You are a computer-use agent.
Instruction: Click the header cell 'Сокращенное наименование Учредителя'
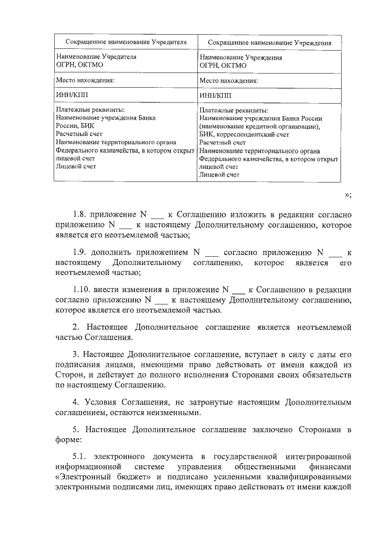(x=126, y=42)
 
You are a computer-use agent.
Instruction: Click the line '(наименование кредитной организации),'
(x=260, y=126)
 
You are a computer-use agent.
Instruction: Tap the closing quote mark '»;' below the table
(x=347, y=196)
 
